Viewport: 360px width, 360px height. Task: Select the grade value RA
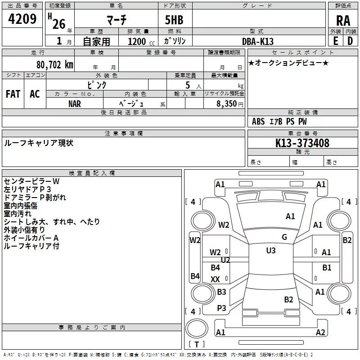(343, 21)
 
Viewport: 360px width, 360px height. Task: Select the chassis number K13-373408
(302, 143)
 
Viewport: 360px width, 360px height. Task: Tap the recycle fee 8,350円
(230, 103)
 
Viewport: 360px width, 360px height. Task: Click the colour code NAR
(75, 103)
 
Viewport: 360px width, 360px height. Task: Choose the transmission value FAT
(13, 94)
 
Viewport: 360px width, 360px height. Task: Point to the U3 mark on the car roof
(270, 251)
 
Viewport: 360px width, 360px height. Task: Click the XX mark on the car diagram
(216, 279)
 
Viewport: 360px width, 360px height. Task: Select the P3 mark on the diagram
(221, 308)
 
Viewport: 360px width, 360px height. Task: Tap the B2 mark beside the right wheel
(347, 240)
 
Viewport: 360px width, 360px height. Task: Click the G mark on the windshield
(284, 237)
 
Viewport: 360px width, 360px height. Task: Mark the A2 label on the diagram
(320, 333)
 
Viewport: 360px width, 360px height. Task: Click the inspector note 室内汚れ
(16, 213)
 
